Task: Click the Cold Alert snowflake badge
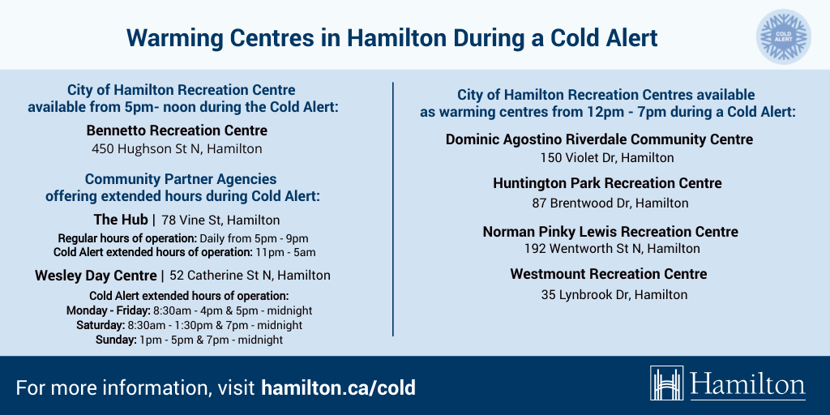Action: click(x=783, y=36)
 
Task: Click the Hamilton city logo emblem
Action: click(x=667, y=383)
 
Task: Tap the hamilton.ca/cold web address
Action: click(x=338, y=387)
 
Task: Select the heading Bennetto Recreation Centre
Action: click(x=177, y=130)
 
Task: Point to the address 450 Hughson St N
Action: click(x=177, y=149)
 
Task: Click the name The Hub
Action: click(x=121, y=220)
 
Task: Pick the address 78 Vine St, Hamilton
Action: click(x=220, y=220)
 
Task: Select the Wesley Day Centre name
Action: click(x=95, y=276)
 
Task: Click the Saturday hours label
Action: click(x=100, y=325)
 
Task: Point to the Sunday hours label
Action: click(x=116, y=340)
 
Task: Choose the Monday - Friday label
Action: click(x=108, y=310)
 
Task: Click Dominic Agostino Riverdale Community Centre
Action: click(x=599, y=139)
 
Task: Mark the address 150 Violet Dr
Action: click(x=607, y=158)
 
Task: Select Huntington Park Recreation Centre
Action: click(x=607, y=183)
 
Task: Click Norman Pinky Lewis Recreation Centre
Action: click(x=610, y=232)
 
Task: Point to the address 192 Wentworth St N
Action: click(x=612, y=249)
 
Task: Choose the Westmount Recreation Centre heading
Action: click(x=608, y=274)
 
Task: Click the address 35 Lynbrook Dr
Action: click(x=614, y=295)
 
